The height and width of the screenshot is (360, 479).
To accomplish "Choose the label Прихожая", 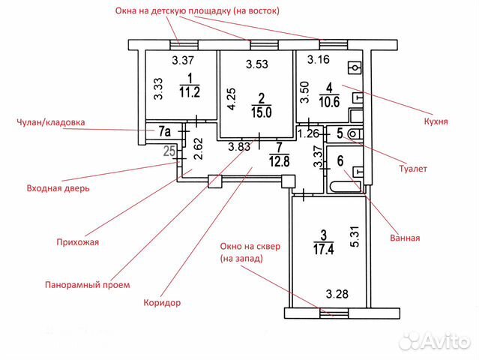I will click(78, 242).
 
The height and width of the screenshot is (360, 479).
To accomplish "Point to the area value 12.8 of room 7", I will click(280, 158).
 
